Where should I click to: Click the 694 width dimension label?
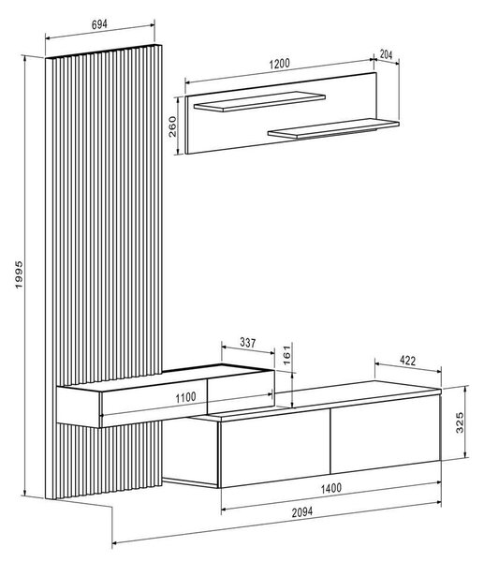pos(99,24)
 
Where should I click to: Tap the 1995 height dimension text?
pos(19,274)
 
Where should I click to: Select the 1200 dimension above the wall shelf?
pos(279,64)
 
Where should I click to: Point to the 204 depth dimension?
pos(387,55)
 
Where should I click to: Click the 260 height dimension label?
pos(172,126)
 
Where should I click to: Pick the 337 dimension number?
pos(247,343)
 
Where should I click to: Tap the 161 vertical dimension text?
pos(287,355)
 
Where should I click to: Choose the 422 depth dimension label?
pos(407,361)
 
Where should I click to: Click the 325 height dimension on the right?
pos(460,422)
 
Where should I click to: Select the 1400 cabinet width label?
pos(331,488)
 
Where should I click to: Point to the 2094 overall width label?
pos(302,512)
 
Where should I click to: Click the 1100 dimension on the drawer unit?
pos(185,397)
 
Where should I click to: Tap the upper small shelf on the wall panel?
pos(259,101)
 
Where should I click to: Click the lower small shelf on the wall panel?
pos(333,128)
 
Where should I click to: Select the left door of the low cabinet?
pos(275,448)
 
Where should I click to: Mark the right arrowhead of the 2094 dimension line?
pos(438,503)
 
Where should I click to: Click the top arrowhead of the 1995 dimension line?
pos(24,59)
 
